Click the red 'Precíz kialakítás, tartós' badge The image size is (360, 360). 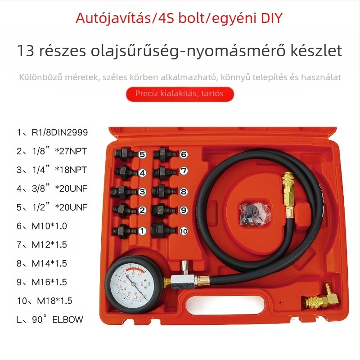coord(180,94)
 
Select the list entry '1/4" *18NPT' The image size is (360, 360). coord(52,170)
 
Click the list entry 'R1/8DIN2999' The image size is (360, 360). coord(52,132)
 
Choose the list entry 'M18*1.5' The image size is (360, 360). coord(45,301)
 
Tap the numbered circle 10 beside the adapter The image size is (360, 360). coord(184,231)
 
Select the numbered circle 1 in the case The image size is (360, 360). coord(142,231)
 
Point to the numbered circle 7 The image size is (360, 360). coord(184,171)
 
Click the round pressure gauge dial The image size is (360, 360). coord(134,284)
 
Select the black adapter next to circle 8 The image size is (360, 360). coord(164,192)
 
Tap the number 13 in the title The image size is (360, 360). coord(26,50)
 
